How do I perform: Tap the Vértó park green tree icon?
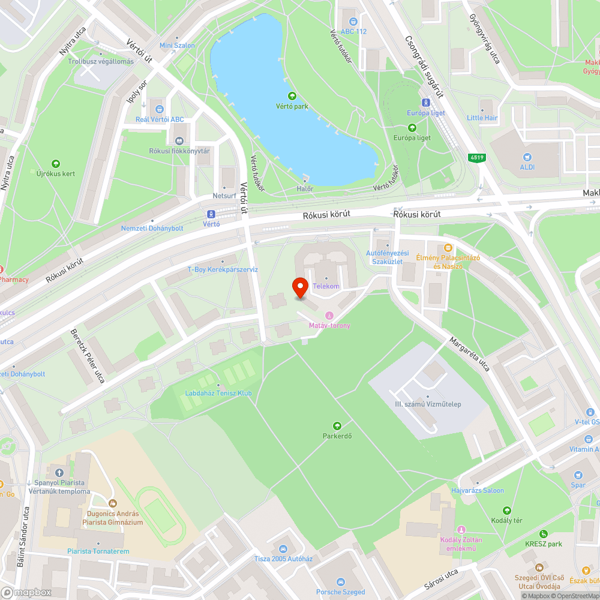click(292, 96)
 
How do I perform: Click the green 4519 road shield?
click(477, 158)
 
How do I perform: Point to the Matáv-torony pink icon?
click(329, 316)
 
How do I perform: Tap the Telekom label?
click(326, 286)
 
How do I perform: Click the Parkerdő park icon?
click(337, 425)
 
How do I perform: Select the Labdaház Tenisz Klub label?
click(218, 393)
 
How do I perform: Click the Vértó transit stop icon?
click(211, 214)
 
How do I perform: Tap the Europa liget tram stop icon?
click(425, 103)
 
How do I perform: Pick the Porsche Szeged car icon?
click(340, 582)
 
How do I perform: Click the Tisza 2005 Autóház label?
click(284, 559)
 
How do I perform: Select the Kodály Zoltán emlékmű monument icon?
click(461, 529)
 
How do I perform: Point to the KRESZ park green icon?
click(543, 534)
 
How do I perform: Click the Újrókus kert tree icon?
click(56, 163)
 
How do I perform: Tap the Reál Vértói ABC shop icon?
click(160, 109)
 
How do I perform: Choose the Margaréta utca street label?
click(470, 354)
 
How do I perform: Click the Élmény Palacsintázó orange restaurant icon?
click(448, 248)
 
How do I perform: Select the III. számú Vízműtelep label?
click(428, 404)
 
